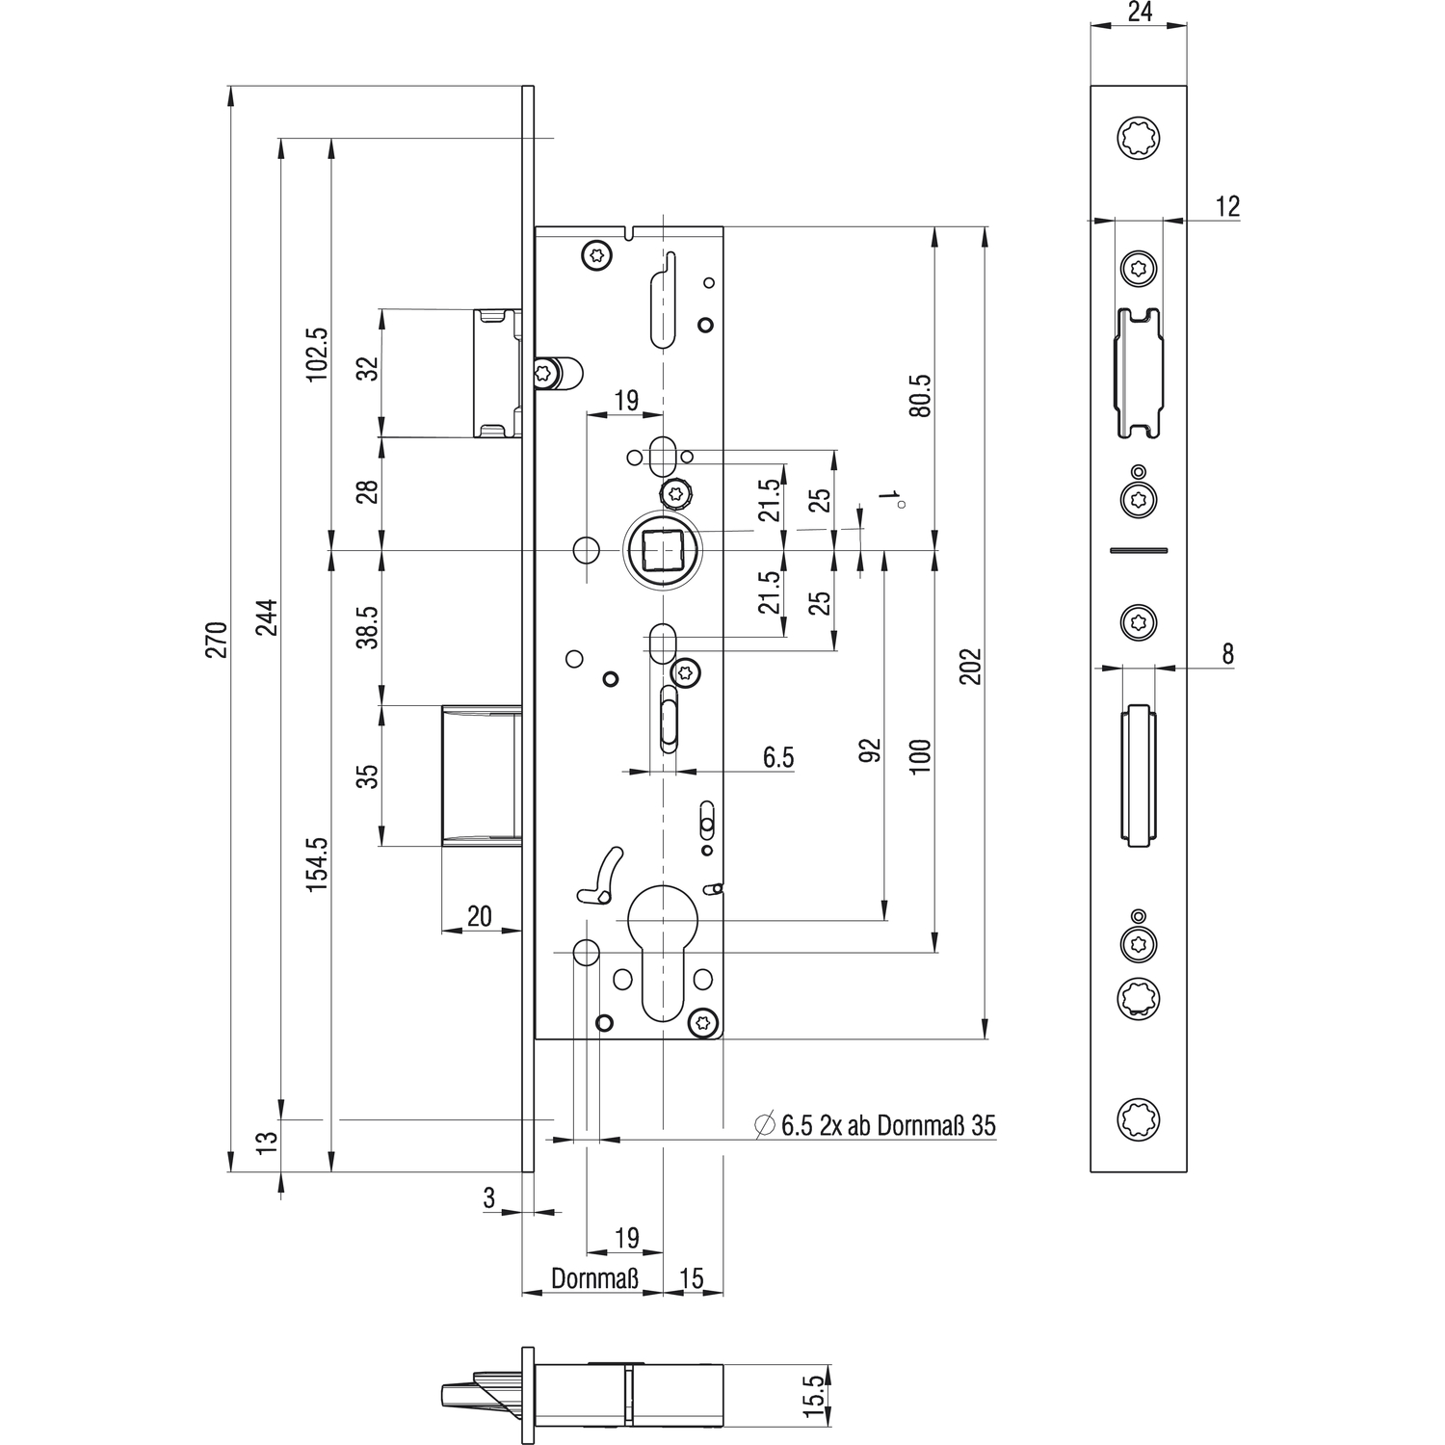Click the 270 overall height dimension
click(x=216, y=640)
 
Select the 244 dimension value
click(x=266, y=617)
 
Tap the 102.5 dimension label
click(x=317, y=354)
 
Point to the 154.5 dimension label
click(x=317, y=863)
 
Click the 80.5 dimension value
click(x=920, y=395)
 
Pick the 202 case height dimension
click(x=970, y=667)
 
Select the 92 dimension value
click(x=870, y=750)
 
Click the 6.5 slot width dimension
click(x=778, y=757)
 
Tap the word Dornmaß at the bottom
click(x=594, y=1278)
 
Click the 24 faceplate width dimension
click(x=1140, y=12)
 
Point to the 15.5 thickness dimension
click(x=814, y=1395)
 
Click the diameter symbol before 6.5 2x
click(x=765, y=1124)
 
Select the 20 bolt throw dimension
click(x=479, y=916)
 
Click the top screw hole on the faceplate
click(x=1139, y=138)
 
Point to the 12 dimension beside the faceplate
click(x=1227, y=206)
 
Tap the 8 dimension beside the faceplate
click(x=1227, y=654)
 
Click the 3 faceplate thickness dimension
click(x=489, y=1197)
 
